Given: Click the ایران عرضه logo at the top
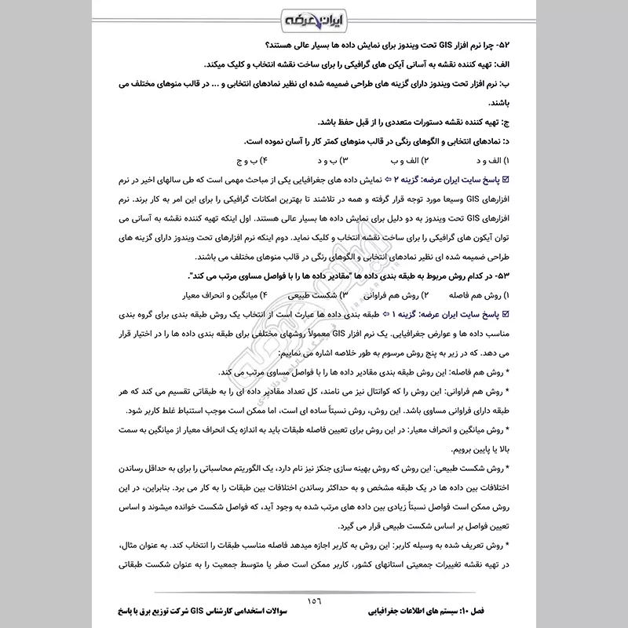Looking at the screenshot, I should click(x=314, y=17).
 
